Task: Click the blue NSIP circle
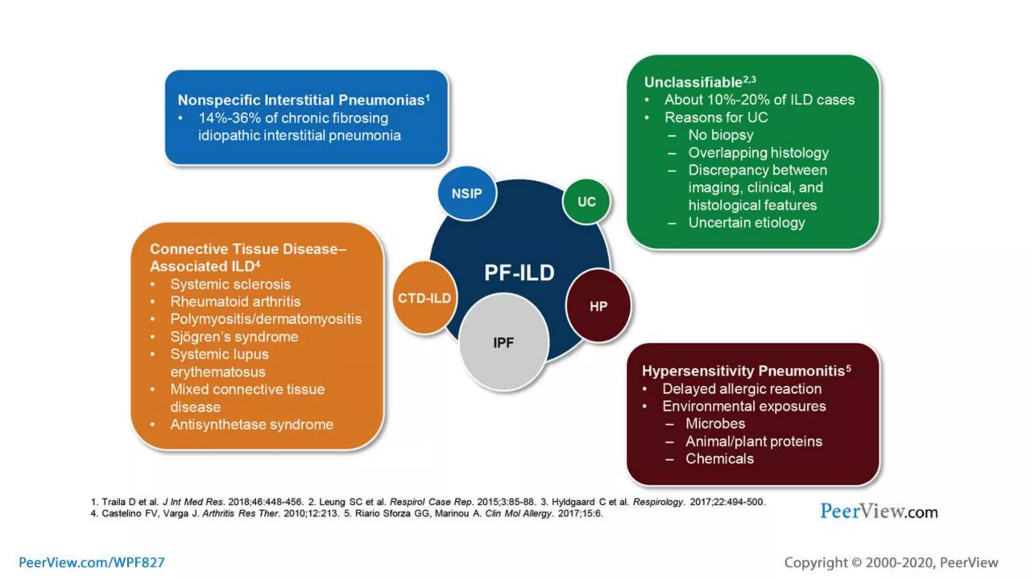coord(467,193)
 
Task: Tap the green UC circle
coord(586,201)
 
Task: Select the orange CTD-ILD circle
coord(424,298)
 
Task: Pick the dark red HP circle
coord(598,306)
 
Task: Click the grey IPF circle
coord(503,343)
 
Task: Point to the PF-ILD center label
coord(519,273)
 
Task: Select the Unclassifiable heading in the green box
coord(694,82)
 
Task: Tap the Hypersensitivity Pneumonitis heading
coord(743,371)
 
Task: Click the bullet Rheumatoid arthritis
coord(235,302)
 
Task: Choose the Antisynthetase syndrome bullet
coord(251,424)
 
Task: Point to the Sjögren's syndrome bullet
coord(234,337)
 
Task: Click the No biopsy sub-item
coord(720,135)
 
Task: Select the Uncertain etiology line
coord(746,223)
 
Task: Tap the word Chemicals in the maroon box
coord(719,459)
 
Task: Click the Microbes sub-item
coord(715,423)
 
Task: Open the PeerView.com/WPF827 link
coord(92,562)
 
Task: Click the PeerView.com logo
coord(878,512)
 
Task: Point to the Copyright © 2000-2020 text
coord(891,562)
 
